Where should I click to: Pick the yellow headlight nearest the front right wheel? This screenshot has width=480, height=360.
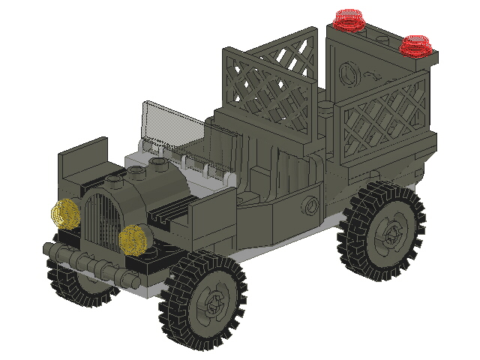[133, 238]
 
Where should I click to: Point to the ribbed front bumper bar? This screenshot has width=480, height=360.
[82, 262]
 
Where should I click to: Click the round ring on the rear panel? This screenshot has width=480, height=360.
[348, 74]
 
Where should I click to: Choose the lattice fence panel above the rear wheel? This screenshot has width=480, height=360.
[379, 120]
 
